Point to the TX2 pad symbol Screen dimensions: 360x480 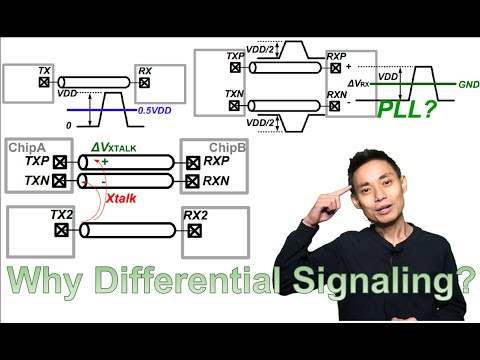62,229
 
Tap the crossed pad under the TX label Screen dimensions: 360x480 44,84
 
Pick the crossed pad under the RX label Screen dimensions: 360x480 145,84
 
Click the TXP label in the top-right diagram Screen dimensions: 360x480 236,56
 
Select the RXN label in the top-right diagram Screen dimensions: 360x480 337,93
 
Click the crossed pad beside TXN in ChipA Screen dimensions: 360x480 61,181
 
